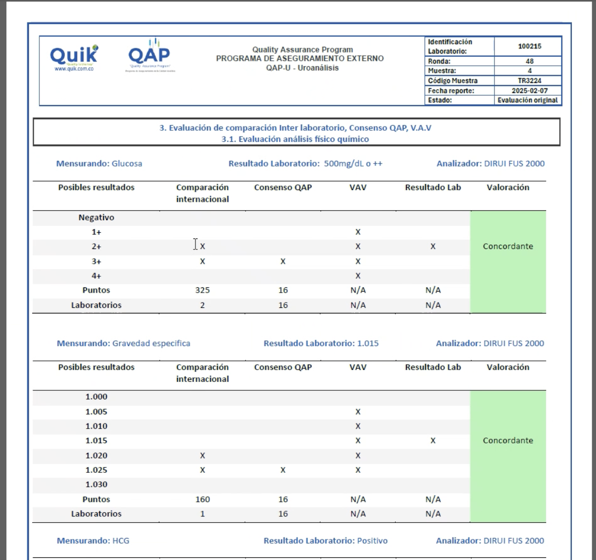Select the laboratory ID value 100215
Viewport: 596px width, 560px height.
[529, 46]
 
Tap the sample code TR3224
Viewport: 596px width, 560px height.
[529, 81]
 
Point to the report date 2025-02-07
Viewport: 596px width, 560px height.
[529, 91]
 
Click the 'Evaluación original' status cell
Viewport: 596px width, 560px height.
[528, 100]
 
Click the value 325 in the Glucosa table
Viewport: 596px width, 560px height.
[202, 291]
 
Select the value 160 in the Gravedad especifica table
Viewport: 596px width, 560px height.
[202, 500]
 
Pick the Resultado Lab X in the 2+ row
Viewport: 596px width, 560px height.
[433, 246]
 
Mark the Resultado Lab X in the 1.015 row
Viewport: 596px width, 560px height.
[433, 441]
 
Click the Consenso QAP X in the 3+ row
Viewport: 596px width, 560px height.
[283, 261]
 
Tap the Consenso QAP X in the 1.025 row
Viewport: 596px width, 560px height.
[283, 470]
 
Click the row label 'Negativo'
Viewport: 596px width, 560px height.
[96, 217]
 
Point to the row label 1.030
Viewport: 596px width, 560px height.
[96, 485]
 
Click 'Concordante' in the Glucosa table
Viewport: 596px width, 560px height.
[508, 246]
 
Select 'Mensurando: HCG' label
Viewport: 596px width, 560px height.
[93, 541]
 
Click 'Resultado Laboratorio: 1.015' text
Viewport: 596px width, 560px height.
[321, 344]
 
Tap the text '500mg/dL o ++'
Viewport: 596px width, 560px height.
[353, 163]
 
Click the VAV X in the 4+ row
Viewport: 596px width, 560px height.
[358, 276]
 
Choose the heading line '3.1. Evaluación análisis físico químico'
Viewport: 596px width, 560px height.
[295, 139]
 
